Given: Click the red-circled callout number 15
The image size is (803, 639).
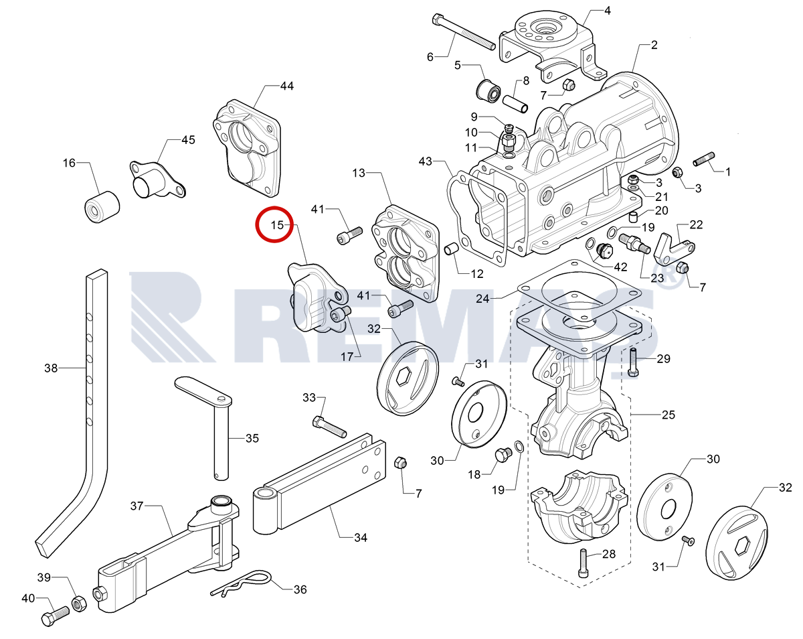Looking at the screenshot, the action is click(x=277, y=225).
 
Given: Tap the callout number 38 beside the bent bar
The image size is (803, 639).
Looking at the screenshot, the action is click(x=51, y=368).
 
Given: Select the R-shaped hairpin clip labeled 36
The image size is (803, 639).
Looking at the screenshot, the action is click(x=241, y=583).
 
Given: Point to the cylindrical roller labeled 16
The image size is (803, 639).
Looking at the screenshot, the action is click(x=102, y=207).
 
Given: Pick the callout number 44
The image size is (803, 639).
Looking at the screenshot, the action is click(x=286, y=86).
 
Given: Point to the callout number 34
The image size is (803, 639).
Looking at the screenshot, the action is click(x=361, y=537).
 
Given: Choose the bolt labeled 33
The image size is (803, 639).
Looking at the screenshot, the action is click(x=329, y=427).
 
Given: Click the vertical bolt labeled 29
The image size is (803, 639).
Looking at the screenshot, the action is click(x=633, y=362).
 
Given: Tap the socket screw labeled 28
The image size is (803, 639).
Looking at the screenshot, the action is click(x=584, y=563).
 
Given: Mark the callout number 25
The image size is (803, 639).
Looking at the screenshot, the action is click(x=668, y=415).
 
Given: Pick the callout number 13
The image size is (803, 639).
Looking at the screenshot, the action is click(x=358, y=173).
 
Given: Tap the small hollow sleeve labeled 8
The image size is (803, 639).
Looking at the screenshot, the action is click(x=515, y=104).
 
